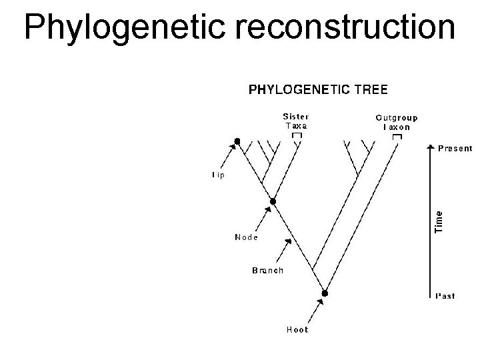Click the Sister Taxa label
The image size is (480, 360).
(x=296, y=121)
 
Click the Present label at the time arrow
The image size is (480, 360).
(x=455, y=148)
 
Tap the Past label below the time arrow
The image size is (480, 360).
(x=446, y=296)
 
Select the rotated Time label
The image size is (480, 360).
(x=439, y=221)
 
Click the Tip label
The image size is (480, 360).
(x=218, y=175)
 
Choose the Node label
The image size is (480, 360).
(x=246, y=237)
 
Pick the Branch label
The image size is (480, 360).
(x=267, y=270)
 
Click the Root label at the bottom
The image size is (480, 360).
(x=297, y=329)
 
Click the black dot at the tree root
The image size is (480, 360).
(x=325, y=293)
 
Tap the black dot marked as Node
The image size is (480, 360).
(x=272, y=201)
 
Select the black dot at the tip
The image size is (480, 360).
(x=237, y=141)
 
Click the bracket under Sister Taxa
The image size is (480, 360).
(x=297, y=135)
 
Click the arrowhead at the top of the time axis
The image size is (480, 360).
(x=428, y=145)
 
